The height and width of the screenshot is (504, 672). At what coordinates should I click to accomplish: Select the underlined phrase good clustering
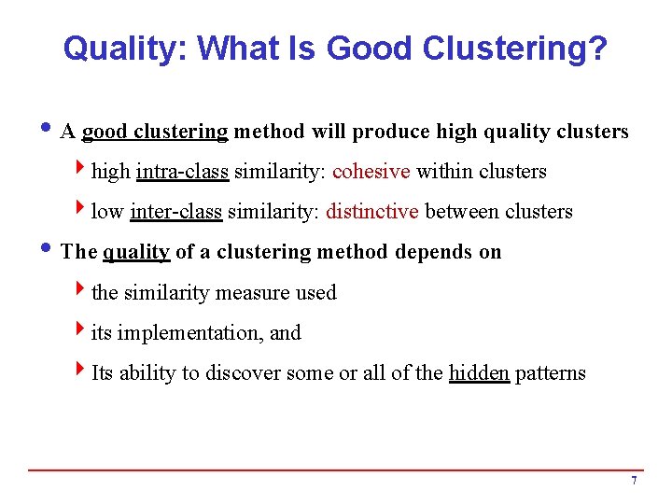(x=155, y=132)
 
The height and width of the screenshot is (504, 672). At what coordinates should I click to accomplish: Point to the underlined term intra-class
(x=182, y=172)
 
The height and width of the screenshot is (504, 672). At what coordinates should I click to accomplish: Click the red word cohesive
(x=371, y=172)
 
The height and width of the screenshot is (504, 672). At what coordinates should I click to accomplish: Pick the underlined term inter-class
(x=176, y=212)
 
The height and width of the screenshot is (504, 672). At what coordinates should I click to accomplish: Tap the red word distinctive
(x=371, y=212)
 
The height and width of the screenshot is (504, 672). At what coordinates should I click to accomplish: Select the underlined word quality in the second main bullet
(x=136, y=252)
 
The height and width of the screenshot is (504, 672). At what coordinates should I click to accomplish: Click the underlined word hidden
(x=479, y=373)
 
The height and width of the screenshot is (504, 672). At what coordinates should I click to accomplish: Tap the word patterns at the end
(x=551, y=373)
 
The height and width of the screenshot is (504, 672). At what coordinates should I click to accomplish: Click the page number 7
(x=634, y=481)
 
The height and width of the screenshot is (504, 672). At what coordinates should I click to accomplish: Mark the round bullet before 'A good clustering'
(x=48, y=131)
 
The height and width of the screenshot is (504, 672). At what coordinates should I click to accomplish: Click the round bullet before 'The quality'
(x=48, y=251)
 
